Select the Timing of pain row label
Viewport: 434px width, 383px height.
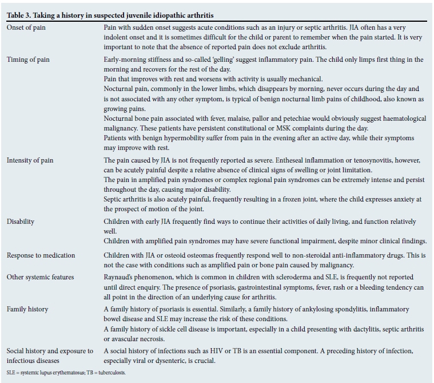29,60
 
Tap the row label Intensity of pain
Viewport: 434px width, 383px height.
30,160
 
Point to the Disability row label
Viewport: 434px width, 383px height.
21,222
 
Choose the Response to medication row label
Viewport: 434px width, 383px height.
41,255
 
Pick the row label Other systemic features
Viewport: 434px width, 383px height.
41,277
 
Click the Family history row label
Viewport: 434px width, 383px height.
27,309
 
